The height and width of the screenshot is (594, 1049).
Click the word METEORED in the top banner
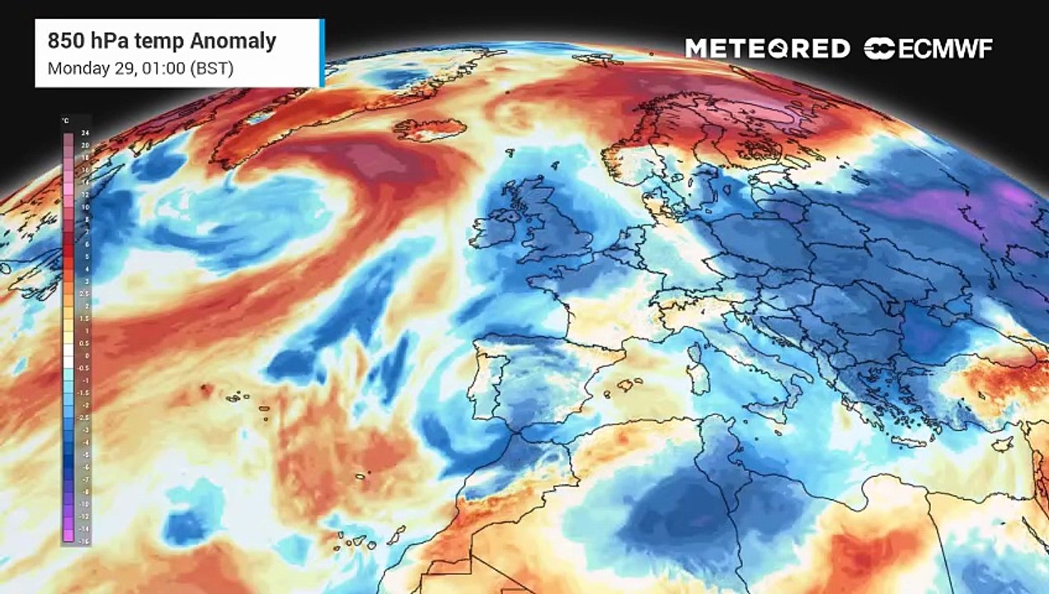pos(767,49)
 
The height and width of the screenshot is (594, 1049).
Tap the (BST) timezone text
pos(212,68)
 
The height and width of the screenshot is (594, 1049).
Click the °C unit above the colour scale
pos(65,121)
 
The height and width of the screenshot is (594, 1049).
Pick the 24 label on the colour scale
pos(84,133)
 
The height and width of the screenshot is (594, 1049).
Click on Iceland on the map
pos(430,130)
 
